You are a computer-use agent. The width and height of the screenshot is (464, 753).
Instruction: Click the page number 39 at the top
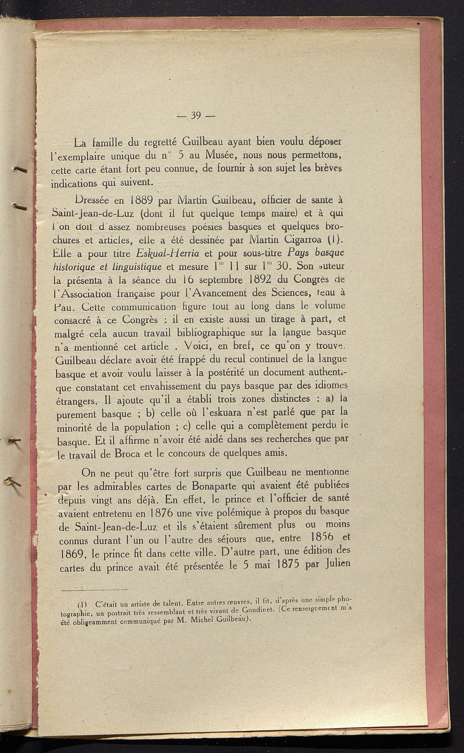pos(196,115)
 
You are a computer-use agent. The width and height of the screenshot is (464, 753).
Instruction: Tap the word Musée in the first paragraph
pos(218,154)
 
